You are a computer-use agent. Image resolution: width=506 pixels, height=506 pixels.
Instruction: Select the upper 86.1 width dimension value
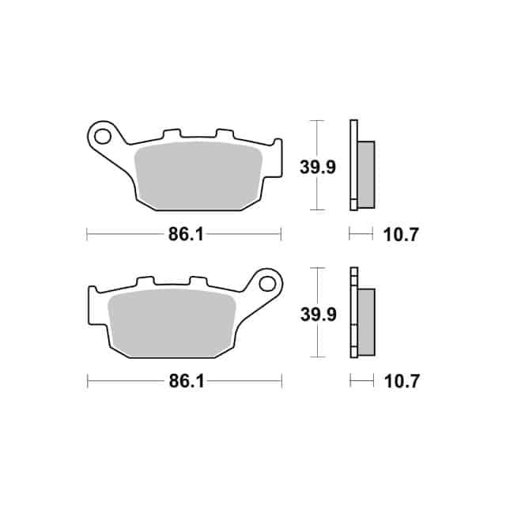183,235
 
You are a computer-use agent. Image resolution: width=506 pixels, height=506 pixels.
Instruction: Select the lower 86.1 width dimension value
183,382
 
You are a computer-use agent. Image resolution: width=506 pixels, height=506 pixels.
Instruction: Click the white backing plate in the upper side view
353,165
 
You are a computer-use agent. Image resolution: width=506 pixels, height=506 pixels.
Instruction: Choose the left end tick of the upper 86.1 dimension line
86,234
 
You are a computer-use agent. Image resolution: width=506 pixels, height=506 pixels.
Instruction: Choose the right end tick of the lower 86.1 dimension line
281,382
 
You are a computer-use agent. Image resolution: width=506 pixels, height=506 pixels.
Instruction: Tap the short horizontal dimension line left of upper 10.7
361,234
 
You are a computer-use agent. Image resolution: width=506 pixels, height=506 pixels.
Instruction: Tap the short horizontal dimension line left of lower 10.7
361,382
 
